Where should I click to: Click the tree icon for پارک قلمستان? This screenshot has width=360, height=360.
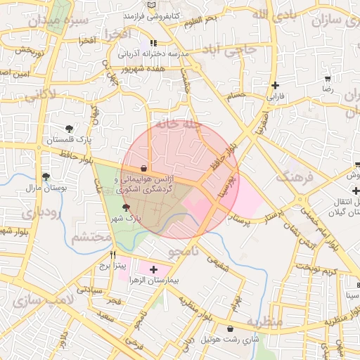click(x=69, y=129)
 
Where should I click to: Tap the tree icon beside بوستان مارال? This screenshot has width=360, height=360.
click(x=46, y=177)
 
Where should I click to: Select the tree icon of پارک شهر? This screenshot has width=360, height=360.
click(x=126, y=207)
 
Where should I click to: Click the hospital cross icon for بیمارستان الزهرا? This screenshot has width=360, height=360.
click(x=154, y=269)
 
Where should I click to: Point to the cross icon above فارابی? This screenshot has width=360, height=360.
click(x=275, y=85)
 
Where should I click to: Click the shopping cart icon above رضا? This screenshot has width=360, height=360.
click(x=327, y=79)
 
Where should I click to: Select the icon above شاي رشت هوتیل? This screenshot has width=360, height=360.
click(x=231, y=328)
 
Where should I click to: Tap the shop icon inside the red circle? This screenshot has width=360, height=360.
click(x=143, y=168)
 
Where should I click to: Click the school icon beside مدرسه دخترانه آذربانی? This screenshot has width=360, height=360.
click(x=153, y=43)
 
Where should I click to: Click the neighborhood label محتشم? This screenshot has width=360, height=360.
click(x=91, y=238)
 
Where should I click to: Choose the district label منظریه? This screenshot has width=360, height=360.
click(x=264, y=321)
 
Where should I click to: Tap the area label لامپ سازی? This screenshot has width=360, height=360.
click(x=33, y=301)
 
